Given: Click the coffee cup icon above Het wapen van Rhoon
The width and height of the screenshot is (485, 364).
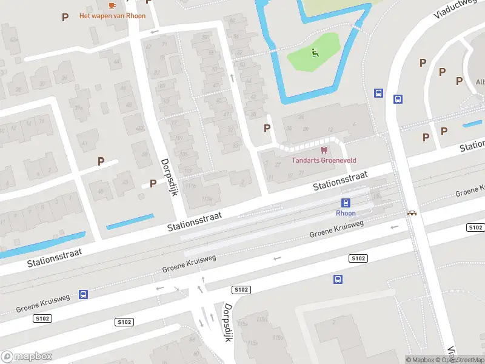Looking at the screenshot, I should (x=112, y=5).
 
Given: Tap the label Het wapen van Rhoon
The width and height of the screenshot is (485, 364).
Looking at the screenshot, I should (x=112, y=16).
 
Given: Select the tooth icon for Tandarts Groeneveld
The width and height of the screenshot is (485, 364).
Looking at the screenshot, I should (x=323, y=150).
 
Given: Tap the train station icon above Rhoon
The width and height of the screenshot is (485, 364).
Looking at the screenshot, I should (x=346, y=203).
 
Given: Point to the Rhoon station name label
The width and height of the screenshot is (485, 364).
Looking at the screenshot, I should (x=346, y=213).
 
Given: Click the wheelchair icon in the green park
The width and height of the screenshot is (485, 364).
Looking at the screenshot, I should (x=314, y=53).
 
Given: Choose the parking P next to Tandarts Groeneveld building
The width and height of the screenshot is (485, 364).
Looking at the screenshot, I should (x=267, y=128).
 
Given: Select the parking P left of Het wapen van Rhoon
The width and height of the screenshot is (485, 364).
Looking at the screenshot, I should (x=65, y=17).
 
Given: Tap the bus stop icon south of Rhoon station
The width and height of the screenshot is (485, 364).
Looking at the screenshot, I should (x=338, y=279).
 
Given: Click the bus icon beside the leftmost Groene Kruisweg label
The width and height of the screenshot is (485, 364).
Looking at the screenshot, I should (x=83, y=294).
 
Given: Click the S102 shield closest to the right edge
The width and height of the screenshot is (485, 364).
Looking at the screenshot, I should (x=475, y=227).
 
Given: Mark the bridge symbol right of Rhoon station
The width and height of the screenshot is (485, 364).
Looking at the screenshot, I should (x=412, y=213).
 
